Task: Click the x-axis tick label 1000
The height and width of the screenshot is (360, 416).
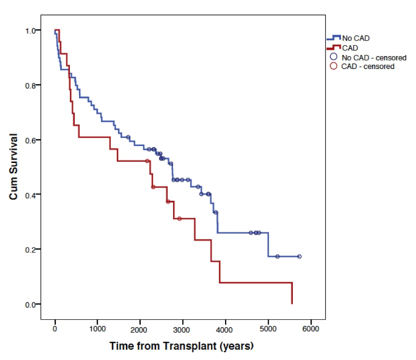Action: coord(97,329)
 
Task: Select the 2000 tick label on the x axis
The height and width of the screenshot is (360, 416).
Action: coord(140,329)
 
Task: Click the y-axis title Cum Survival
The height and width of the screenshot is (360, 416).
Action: coord(14,167)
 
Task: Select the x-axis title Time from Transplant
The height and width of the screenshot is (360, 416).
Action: coord(182,345)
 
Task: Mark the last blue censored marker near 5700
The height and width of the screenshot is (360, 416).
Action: coord(299,256)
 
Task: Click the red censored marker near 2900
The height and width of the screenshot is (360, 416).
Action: coord(179,219)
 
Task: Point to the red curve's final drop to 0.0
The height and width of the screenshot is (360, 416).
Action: coord(292,293)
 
